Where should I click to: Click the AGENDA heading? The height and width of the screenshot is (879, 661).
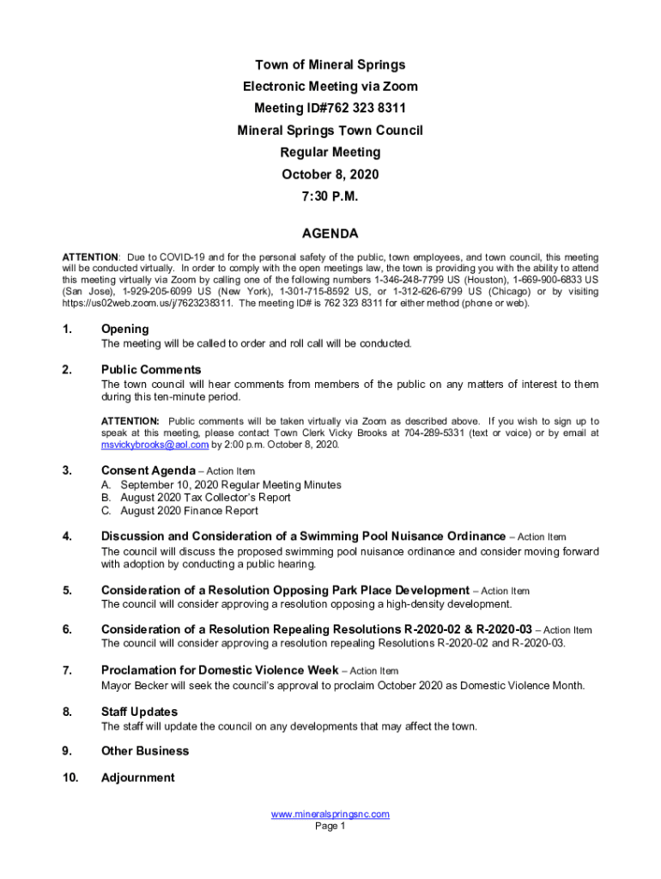click(330, 233)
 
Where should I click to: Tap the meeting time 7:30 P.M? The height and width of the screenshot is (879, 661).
click(330, 197)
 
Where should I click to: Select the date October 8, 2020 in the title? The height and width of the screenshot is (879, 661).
click(330, 174)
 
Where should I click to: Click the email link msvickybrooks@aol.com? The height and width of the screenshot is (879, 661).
click(155, 446)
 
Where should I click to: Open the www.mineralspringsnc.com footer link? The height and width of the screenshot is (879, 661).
click(330, 814)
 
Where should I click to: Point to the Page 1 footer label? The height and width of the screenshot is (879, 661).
click(330, 827)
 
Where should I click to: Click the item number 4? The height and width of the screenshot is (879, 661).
click(66, 536)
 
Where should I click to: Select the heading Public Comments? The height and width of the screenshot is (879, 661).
click(151, 369)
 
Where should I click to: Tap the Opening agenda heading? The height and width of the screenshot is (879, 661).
click(124, 329)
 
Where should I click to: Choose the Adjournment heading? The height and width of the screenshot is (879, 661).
click(137, 778)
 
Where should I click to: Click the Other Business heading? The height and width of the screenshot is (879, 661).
click(145, 751)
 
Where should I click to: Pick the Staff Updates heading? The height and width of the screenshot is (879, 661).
click(139, 712)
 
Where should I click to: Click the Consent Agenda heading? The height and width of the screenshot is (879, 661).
click(149, 470)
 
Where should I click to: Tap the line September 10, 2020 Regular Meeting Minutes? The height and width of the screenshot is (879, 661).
click(221, 485)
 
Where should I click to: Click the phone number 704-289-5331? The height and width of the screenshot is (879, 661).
click(462, 433)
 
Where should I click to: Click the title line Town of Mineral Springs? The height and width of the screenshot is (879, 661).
click(330, 65)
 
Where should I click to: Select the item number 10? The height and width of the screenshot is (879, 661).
click(70, 778)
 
